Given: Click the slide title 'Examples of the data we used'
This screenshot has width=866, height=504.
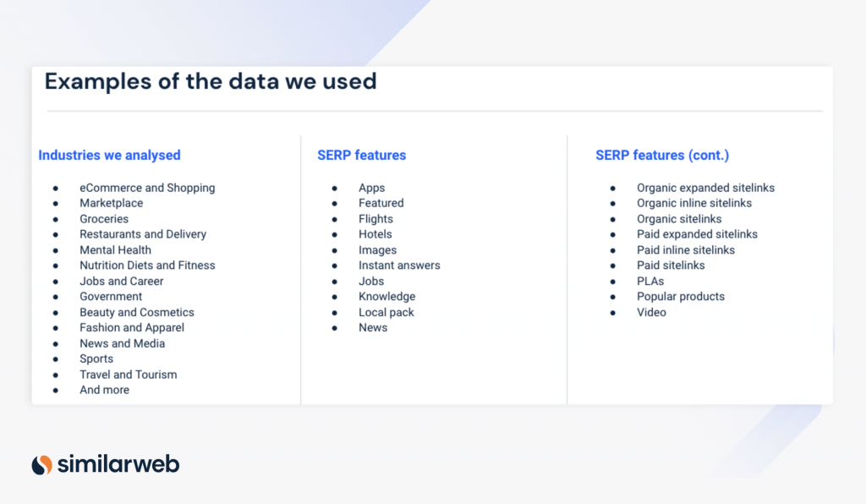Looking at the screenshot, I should click(x=211, y=82).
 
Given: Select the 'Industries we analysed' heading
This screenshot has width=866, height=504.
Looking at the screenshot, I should click(x=109, y=156).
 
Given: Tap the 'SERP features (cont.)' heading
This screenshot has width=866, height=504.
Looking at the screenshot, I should click(x=662, y=156).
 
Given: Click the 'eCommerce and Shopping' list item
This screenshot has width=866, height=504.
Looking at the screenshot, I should click(x=147, y=188).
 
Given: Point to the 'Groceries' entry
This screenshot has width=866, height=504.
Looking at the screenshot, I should click(x=104, y=219).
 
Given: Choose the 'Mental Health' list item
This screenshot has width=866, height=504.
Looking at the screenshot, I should click(x=115, y=250).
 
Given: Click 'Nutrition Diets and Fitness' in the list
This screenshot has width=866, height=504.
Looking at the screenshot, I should click(x=147, y=266).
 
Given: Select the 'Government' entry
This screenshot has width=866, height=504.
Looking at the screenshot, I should click(x=111, y=297).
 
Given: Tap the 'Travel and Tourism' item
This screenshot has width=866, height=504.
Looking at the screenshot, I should click(x=128, y=375).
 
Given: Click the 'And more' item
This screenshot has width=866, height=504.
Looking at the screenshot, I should click(x=104, y=390).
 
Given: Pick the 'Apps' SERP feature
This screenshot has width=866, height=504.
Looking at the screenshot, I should click(x=371, y=188).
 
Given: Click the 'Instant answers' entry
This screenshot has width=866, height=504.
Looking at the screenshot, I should click(x=399, y=266).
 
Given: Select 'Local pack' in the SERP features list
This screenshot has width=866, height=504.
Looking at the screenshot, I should click(x=386, y=312).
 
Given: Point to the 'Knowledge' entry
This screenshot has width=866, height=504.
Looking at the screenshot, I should click(x=386, y=297).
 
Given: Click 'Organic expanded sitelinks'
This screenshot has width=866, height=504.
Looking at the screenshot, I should click(x=705, y=188).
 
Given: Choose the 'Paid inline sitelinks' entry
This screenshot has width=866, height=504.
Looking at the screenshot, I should click(x=686, y=250).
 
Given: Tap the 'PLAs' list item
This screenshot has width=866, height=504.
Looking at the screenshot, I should click(x=650, y=281).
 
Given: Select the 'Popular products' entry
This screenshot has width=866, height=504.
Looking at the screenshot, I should click(x=681, y=297).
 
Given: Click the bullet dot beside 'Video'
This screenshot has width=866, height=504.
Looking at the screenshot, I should click(x=613, y=313).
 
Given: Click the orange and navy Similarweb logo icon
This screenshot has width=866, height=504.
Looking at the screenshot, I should click(x=42, y=464).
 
